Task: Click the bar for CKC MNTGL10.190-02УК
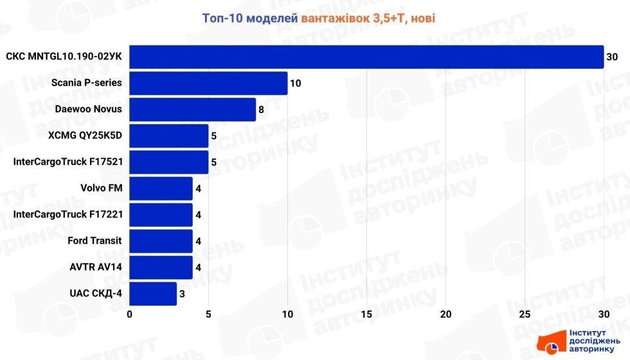(x=366, y=57)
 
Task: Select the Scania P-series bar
(x=208, y=83)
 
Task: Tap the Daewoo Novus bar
(x=193, y=109)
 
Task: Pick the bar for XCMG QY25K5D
(x=169, y=136)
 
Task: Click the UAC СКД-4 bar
(x=153, y=294)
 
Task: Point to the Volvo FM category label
(x=101, y=188)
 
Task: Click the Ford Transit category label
(x=94, y=241)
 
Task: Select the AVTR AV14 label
(x=95, y=267)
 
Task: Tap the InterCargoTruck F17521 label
(x=67, y=162)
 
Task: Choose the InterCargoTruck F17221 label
(x=67, y=215)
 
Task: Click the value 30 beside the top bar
(x=612, y=57)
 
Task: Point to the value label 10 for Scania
(x=296, y=84)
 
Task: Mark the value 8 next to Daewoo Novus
(x=262, y=110)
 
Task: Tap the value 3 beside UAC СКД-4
(x=183, y=294)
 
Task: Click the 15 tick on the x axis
(x=366, y=314)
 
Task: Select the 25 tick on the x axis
(x=525, y=314)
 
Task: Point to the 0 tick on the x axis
(x=130, y=314)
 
